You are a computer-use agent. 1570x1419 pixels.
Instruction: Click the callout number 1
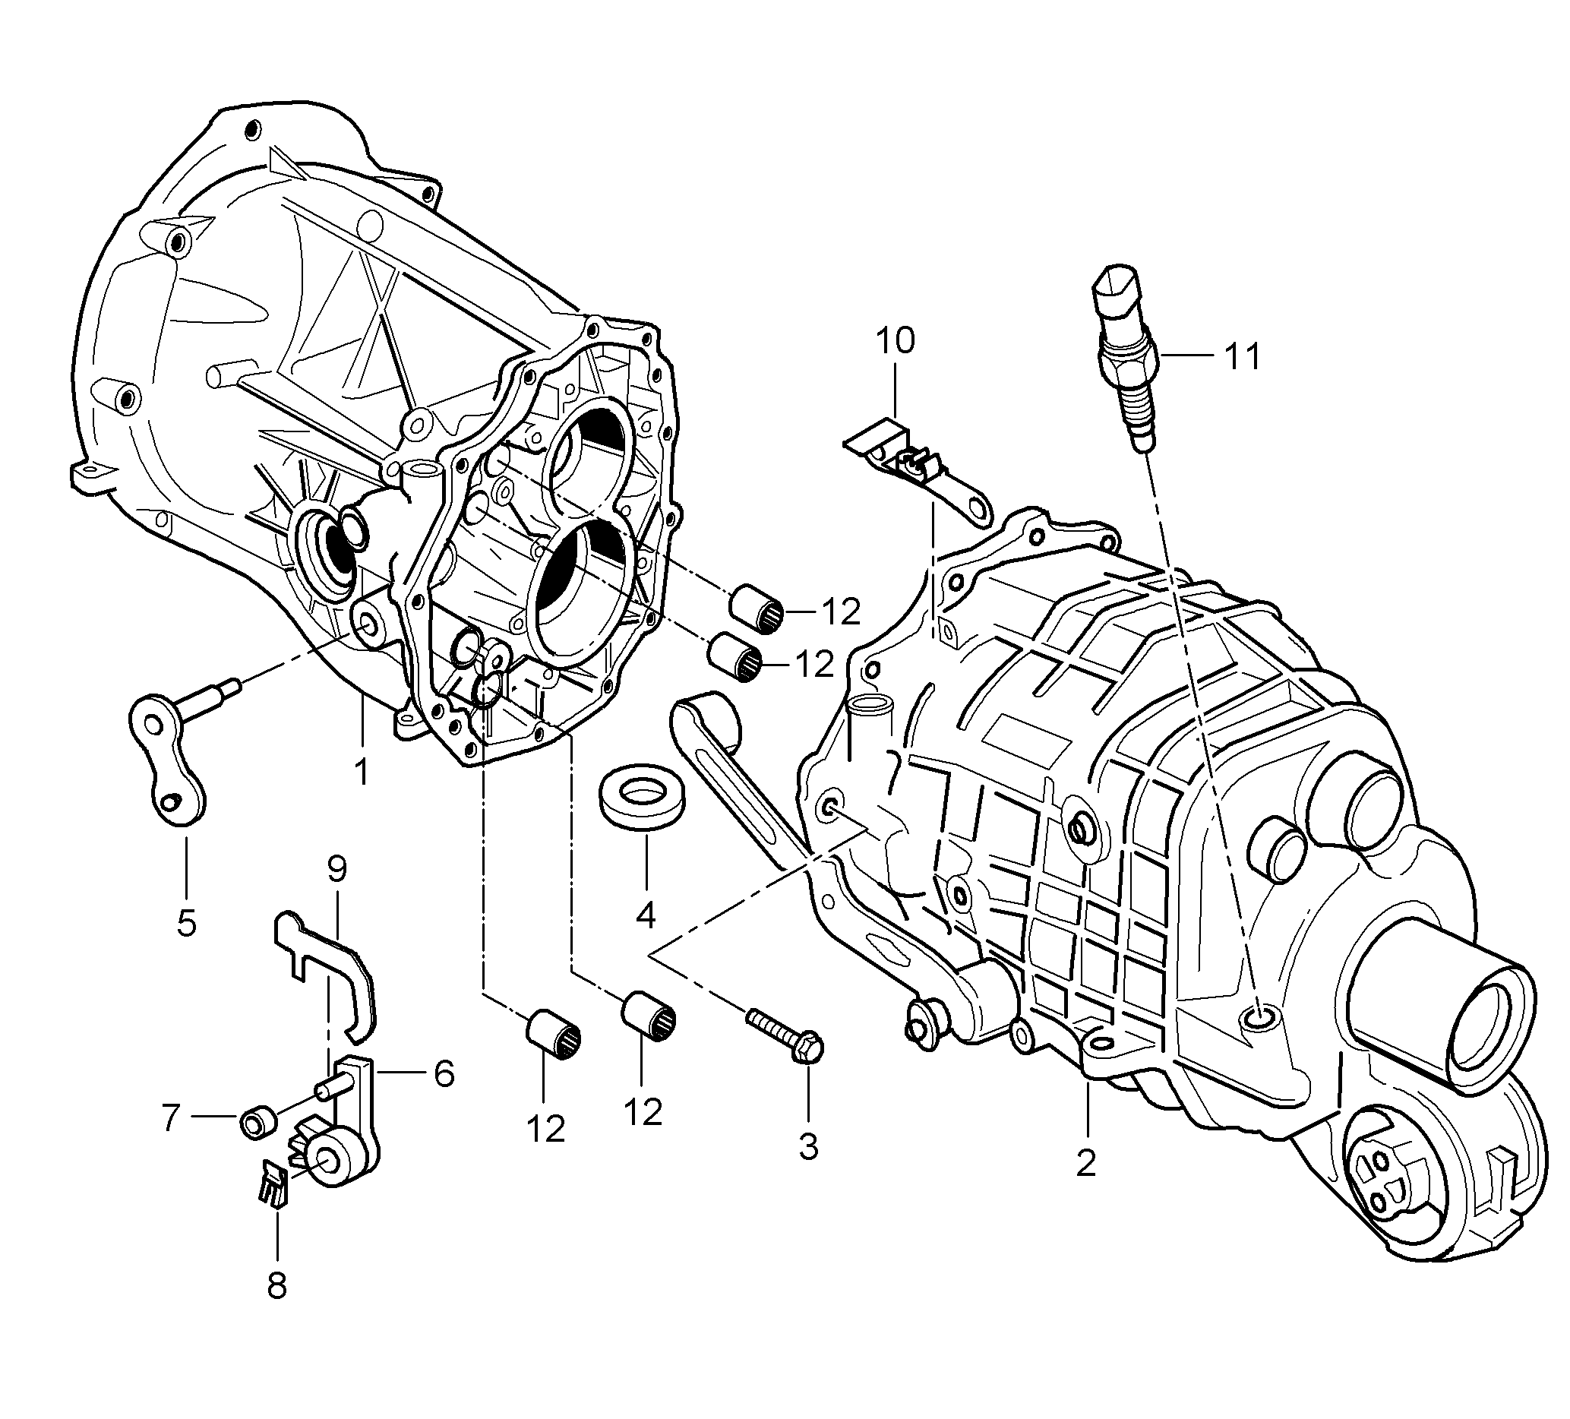point(362,771)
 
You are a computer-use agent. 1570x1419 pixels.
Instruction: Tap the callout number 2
point(1085,1163)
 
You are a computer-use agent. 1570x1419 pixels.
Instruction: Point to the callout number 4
point(646,915)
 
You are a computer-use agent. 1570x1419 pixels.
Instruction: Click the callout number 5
point(186,922)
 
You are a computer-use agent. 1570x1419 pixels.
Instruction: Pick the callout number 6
point(444,1074)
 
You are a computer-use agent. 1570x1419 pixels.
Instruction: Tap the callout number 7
point(172,1119)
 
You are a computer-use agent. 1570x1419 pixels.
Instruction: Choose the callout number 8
point(276,1285)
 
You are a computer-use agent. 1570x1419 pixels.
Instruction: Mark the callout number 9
point(336,868)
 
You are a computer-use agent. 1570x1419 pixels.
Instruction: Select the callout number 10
point(895,341)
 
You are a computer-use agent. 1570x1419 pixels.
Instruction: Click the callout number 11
point(1242,357)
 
